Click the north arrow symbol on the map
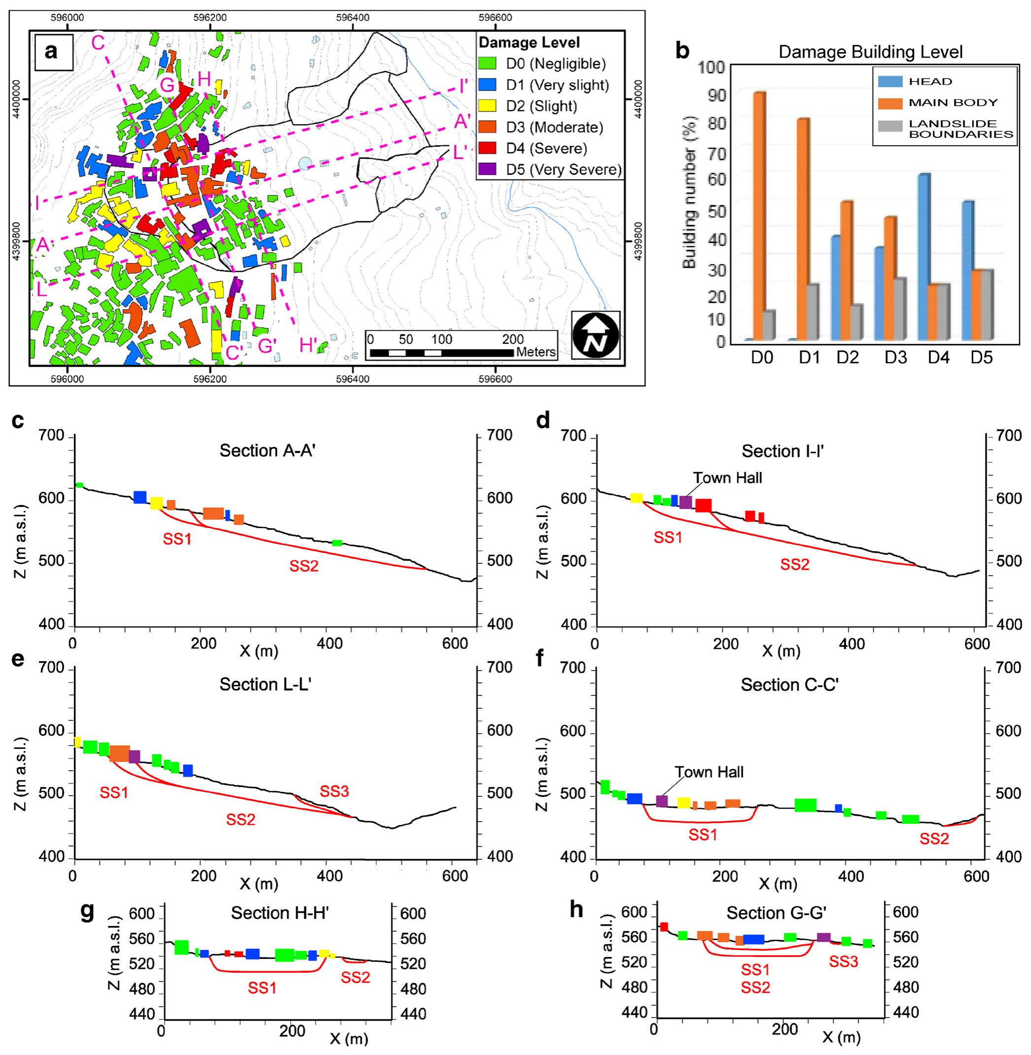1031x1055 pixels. [596, 336]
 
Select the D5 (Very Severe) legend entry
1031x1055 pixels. [550, 170]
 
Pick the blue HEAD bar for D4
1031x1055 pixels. [924, 257]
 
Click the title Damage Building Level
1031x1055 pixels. [870, 52]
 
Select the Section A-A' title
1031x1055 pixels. [267, 451]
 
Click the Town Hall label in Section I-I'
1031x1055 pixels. [727, 478]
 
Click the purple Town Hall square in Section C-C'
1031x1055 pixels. [662, 801]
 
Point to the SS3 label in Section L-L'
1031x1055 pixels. [334, 791]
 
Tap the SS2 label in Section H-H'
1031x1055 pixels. [355, 977]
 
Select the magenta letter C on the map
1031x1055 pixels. [98, 42]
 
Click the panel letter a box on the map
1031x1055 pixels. [53, 52]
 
